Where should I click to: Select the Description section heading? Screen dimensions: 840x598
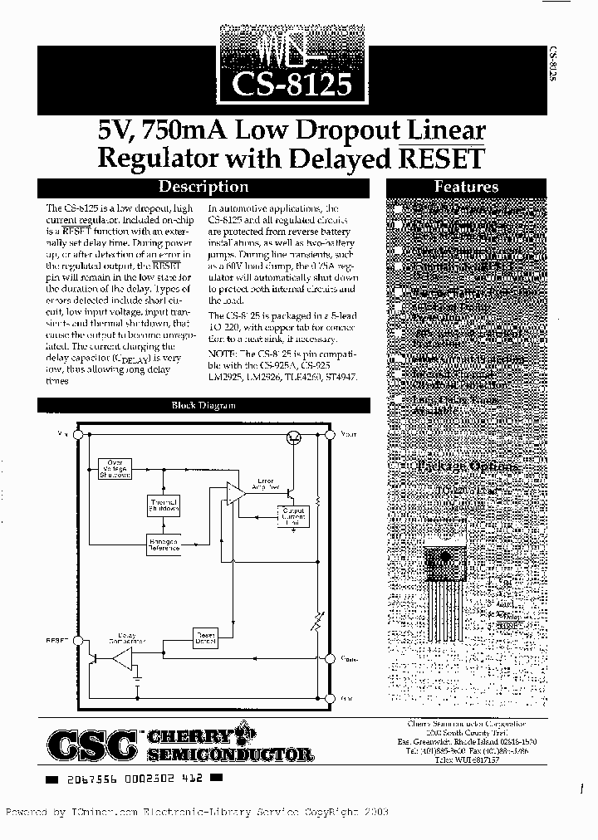(203, 188)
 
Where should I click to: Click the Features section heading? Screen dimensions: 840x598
(466, 188)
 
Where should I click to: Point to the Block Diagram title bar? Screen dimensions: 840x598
(203, 405)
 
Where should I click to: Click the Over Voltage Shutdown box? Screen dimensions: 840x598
(115, 468)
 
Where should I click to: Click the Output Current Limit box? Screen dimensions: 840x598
(294, 515)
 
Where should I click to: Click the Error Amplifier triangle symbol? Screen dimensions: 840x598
(236, 493)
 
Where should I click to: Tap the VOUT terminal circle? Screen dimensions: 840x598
(330, 433)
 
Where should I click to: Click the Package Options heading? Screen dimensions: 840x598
(468, 466)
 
